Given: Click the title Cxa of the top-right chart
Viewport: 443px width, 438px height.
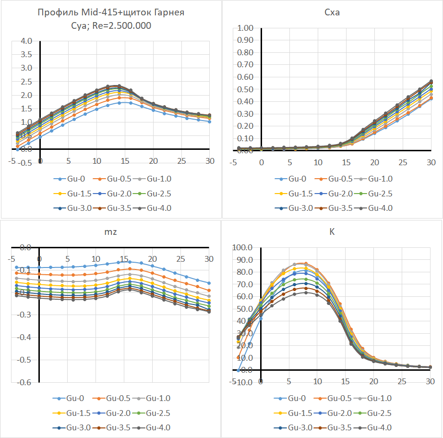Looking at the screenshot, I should [x=332, y=12].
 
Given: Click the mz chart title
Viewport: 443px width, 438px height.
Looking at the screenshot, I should [x=111, y=232].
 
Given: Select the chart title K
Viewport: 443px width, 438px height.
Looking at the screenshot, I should [x=332, y=232].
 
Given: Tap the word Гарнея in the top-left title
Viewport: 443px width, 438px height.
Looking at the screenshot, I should [x=168, y=13].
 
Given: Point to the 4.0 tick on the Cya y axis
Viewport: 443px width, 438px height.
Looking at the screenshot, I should [x=26, y=41].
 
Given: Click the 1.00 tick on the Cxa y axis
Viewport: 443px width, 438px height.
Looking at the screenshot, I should [x=244, y=28].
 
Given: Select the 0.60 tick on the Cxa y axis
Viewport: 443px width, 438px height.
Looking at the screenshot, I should [x=244, y=77].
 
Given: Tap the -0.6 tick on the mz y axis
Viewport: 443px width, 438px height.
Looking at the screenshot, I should [x=24, y=382].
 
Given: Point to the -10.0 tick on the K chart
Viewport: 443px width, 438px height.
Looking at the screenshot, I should [x=241, y=382].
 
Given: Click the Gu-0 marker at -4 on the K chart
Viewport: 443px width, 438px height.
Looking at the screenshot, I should [x=238, y=370].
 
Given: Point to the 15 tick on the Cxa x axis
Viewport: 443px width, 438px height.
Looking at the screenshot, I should [x=346, y=162].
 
